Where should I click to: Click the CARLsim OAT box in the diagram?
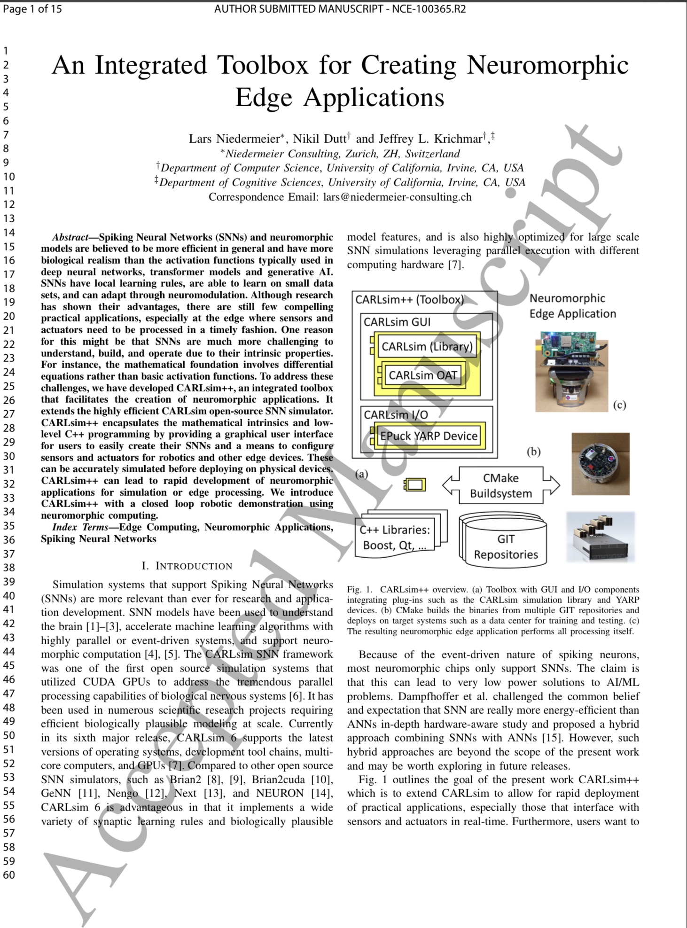[422, 375]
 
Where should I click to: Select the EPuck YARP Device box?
[429, 436]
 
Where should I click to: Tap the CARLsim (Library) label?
[427, 347]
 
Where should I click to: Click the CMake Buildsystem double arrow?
[501, 485]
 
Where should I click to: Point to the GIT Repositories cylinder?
[506, 540]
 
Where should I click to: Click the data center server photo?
[601, 537]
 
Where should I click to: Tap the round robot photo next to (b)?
[600, 463]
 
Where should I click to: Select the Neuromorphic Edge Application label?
[572, 306]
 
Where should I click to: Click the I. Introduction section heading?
[187, 566]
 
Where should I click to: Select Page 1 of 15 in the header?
[32, 9]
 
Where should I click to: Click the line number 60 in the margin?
[9, 875]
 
